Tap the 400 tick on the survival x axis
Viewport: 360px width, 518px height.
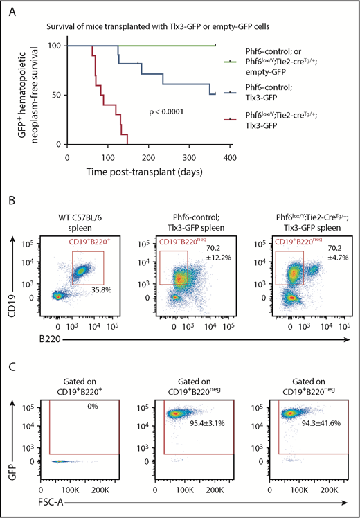[x=231, y=158]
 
